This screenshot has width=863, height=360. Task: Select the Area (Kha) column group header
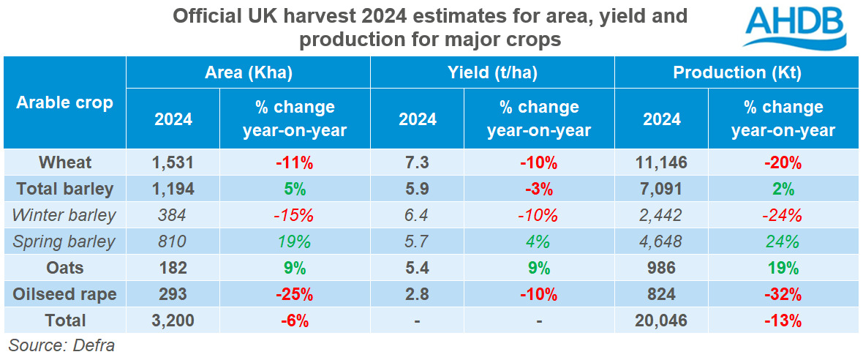(x=248, y=72)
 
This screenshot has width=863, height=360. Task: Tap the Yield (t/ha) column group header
(x=492, y=72)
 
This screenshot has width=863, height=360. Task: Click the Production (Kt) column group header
(x=736, y=72)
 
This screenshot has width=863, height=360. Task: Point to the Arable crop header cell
(x=64, y=102)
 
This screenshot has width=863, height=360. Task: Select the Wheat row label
(x=64, y=162)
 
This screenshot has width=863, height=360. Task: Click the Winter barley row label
(x=64, y=215)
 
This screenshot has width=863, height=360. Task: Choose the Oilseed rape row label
(x=64, y=294)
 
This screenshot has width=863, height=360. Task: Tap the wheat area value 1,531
(x=173, y=162)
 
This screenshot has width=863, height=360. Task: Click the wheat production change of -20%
(x=783, y=162)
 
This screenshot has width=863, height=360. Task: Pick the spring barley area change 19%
(x=295, y=241)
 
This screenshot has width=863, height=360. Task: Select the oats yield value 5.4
(x=418, y=268)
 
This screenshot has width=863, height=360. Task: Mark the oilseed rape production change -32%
(x=783, y=294)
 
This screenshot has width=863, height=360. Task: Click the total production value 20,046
(x=662, y=320)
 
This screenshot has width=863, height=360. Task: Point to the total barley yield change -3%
(x=539, y=189)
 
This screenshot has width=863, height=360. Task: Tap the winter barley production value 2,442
(x=662, y=215)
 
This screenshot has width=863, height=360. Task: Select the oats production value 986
(x=662, y=268)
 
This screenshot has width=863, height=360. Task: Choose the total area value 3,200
(x=173, y=320)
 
